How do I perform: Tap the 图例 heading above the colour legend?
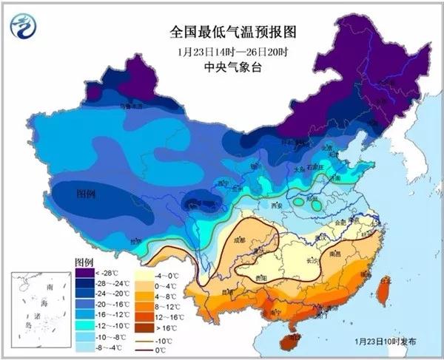pos(83,263)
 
